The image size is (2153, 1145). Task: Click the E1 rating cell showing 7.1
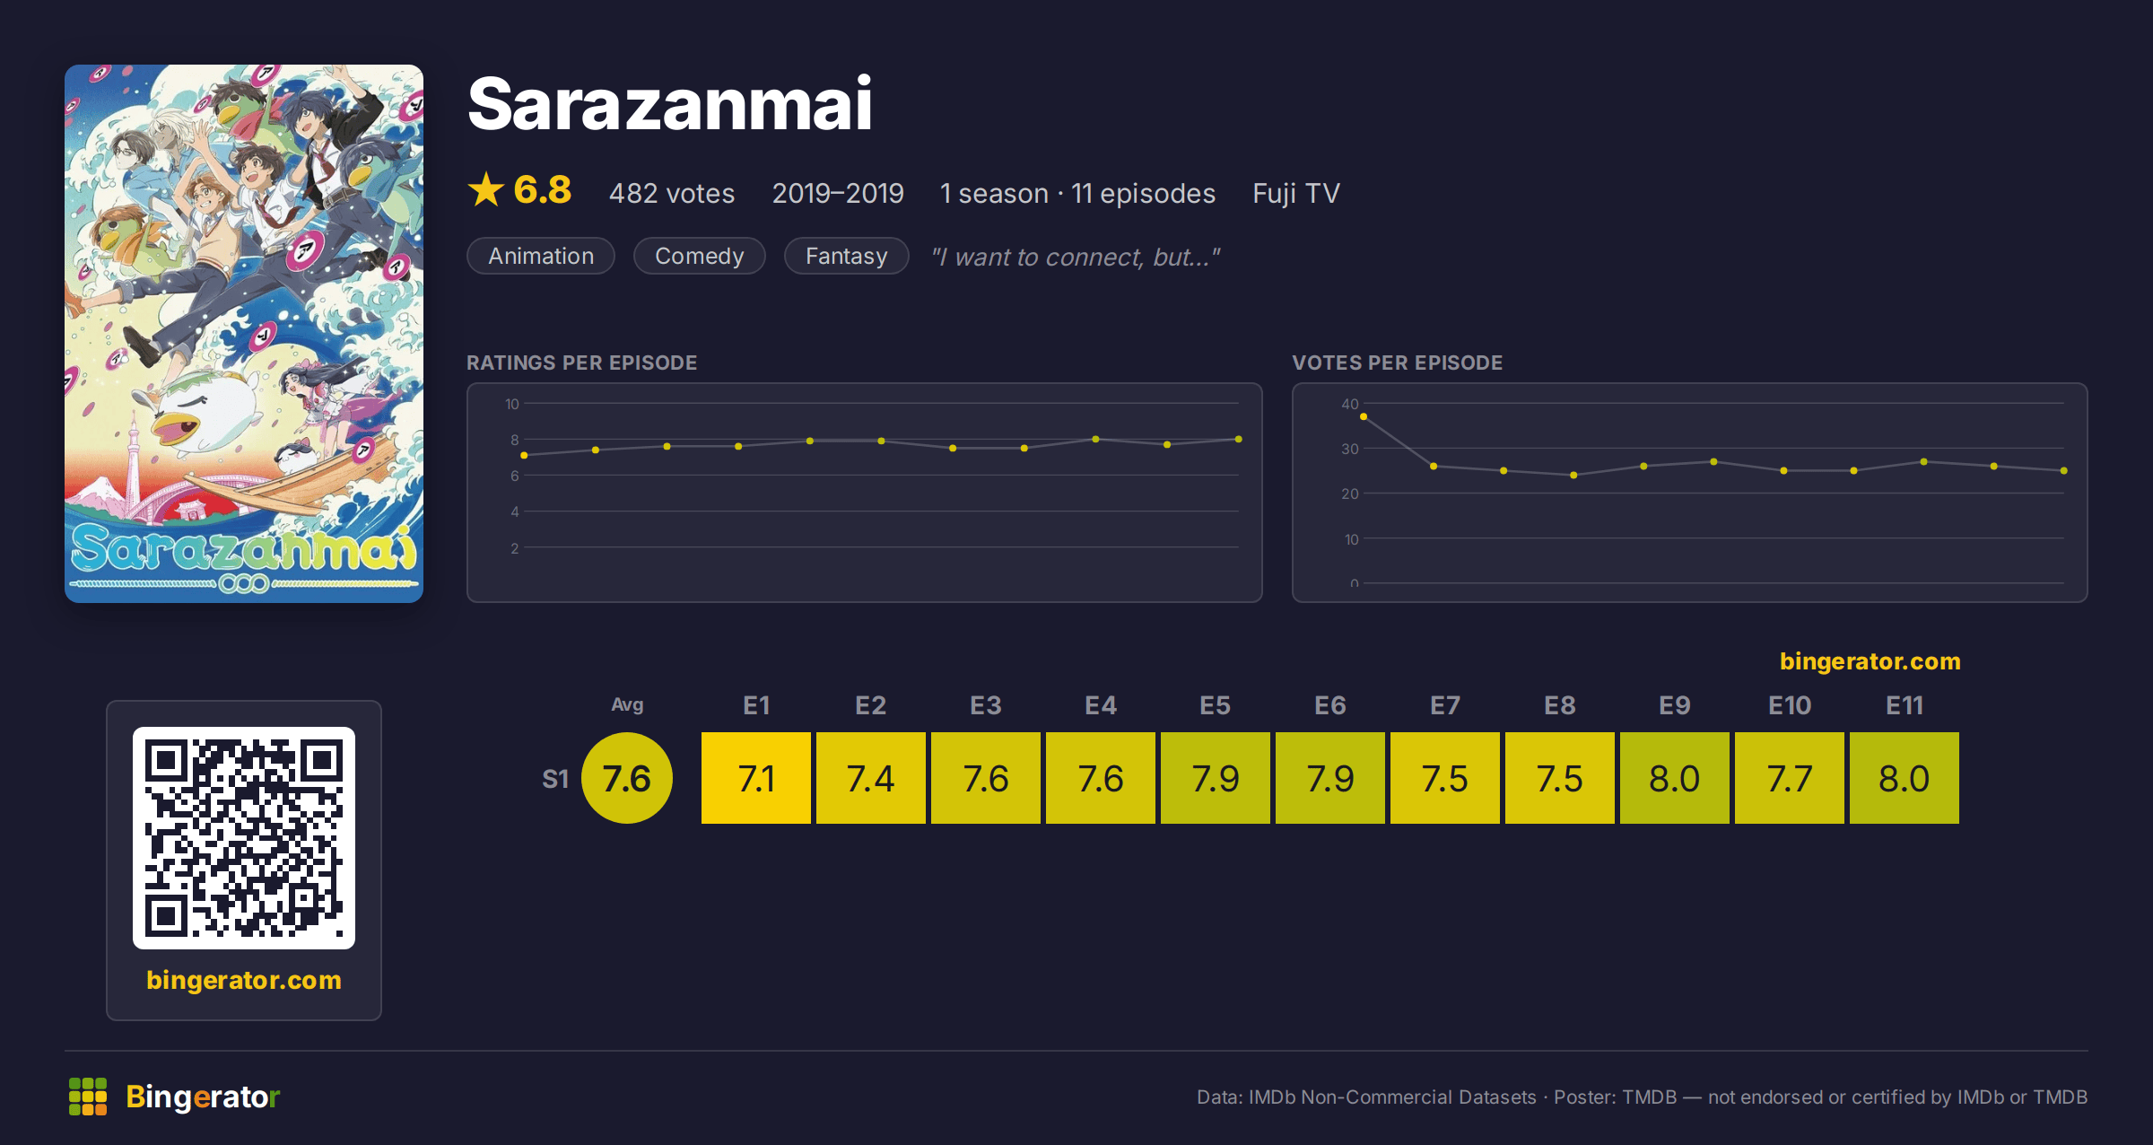tap(755, 778)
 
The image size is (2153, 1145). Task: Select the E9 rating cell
tap(1674, 778)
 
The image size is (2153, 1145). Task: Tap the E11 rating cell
tap(1904, 778)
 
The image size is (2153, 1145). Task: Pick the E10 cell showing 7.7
tap(1789, 778)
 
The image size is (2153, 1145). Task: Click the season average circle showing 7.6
tap(627, 778)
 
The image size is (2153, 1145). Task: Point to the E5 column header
tap(1215, 705)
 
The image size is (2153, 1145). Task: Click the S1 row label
tap(555, 779)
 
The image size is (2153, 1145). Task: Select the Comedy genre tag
tap(699, 256)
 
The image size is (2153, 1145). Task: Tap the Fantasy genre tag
tap(846, 256)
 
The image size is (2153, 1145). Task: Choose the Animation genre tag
tap(541, 256)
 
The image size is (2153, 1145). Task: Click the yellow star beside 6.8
tap(486, 189)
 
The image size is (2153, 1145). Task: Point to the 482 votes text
tap(672, 193)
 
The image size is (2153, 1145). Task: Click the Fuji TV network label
tap(1295, 194)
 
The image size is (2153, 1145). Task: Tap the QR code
tap(244, 838)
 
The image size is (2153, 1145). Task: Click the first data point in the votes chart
tap(1364, 416)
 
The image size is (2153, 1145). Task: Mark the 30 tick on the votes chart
tap(1349, 449)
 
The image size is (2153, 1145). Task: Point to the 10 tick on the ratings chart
tap(511, 404)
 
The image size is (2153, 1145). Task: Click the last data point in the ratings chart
tap(1239, 439)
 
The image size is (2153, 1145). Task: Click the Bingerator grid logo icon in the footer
tap(88, 1097)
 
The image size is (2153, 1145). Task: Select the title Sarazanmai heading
tap(669, 104)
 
